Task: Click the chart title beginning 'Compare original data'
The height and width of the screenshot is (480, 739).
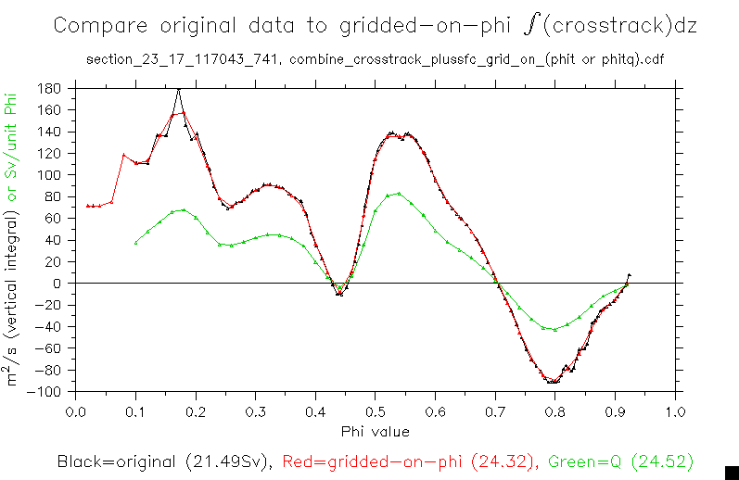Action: point(375,26)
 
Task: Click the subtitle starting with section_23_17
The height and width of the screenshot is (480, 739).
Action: point(375,60)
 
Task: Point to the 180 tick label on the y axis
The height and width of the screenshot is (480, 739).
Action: point(50,88)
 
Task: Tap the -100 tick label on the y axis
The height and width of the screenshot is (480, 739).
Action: point(46,391)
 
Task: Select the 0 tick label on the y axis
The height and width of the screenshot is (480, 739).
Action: point(57,283)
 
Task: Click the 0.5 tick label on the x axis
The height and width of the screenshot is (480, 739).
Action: point(375,410)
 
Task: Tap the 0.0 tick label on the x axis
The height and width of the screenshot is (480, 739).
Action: point(76,410)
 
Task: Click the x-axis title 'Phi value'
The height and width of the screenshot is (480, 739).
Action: point(375,431)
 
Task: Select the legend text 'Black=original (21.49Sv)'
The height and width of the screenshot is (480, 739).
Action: point(162,461)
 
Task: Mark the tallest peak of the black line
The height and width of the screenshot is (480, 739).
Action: point(178,90)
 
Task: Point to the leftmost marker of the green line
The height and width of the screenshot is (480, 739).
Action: point(136,243)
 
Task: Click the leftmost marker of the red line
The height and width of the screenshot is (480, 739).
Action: point(88,206)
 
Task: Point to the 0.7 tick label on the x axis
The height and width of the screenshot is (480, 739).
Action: point(495,410)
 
